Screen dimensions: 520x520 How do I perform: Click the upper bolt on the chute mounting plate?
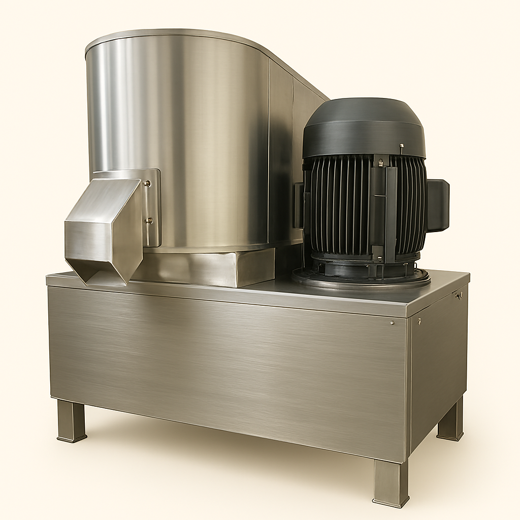(148, 183)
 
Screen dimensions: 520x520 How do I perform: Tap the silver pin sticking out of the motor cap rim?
(401, 148)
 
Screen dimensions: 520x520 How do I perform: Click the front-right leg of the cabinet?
(391, 482)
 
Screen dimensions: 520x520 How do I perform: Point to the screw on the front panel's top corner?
(392, 322)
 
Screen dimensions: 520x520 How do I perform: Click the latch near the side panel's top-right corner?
(459, 295)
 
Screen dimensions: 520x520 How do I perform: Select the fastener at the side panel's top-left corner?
(419, 321)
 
